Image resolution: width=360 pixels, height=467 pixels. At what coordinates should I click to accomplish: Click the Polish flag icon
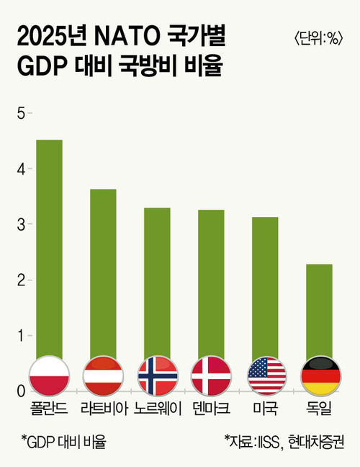tap(50, 376)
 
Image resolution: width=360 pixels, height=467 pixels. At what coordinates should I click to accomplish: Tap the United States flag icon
tap(267, 376)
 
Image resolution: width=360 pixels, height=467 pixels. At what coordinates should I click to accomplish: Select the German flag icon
tap(320, 376)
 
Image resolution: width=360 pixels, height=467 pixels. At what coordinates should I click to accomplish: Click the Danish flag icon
tap(211, 376)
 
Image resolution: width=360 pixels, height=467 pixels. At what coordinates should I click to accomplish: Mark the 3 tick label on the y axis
tap(21, 225)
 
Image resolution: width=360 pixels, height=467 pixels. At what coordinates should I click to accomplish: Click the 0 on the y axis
tap(21, 391)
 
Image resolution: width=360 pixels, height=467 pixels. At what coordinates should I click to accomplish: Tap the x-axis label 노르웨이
tap(158, 409)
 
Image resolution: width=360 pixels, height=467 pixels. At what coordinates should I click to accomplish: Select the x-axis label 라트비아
tap(104, 409)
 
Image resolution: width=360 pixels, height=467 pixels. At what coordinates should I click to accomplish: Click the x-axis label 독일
tap(319, 409)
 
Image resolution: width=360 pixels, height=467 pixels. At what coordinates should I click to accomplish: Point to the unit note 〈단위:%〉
tap(319, 38)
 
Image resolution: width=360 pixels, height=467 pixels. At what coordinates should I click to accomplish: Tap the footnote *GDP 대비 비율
tap(63, 442)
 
